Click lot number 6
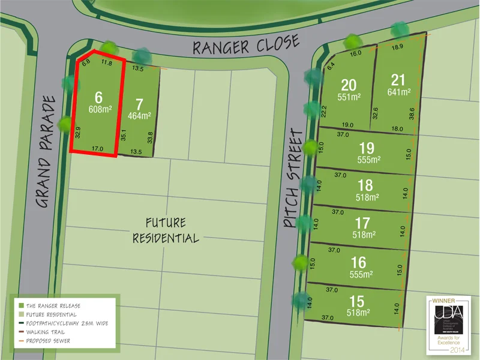click(99, 97)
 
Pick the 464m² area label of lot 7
click(139, 116)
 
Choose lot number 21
click(398, 80)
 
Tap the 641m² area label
click(398, 92)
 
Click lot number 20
click(349, 85)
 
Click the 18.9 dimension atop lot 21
click(397, 47)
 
